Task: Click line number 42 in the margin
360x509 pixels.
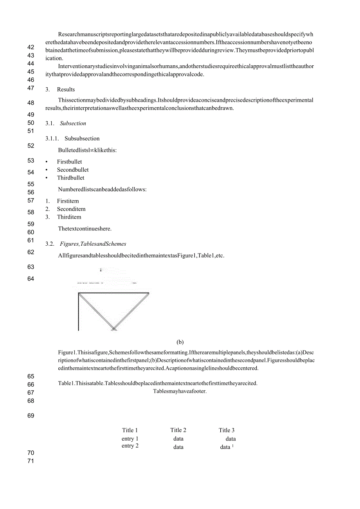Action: (31, 47)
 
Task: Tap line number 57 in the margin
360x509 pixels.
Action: (31, 201)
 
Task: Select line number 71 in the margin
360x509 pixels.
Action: (31, 461)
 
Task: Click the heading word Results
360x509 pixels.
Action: (66, 89)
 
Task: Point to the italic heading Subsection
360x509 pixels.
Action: (73, 123)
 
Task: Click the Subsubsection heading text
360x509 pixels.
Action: (82, 138)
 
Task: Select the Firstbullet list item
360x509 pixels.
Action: (69, 162)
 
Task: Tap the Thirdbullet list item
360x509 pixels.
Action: (70, 178)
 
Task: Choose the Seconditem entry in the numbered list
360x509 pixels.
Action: (71, 209)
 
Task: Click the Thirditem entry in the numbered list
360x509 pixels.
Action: (69, 217)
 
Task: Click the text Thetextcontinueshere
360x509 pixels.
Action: (85, 229)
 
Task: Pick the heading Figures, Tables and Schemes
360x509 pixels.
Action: (93, 244)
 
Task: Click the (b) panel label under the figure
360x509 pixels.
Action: (180, 342)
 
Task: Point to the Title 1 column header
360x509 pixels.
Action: (130, 430)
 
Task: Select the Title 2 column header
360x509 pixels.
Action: (178, 430)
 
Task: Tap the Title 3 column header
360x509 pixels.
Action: (227, 430)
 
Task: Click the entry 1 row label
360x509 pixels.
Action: (130, 439)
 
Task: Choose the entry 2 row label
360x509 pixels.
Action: (130, 446)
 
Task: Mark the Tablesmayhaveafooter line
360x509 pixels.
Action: (180, 392)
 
